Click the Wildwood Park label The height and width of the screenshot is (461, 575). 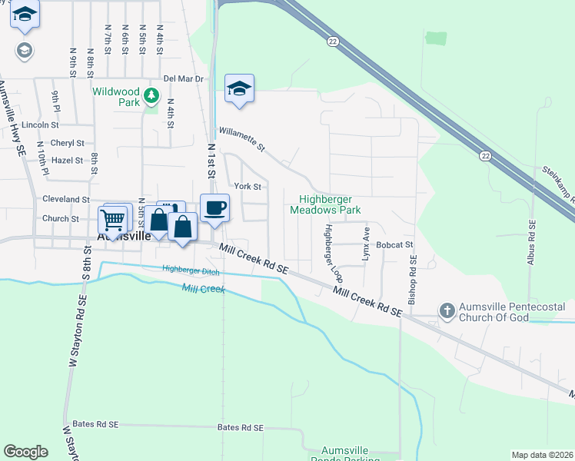coord(116,96)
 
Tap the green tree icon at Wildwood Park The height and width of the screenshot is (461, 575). coord(152,95)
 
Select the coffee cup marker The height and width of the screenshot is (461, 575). coord(214,207)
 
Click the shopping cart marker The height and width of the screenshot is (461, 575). coord(113,220)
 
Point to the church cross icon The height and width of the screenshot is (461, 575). coord(447,311)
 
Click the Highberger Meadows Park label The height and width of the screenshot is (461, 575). coord(324,204)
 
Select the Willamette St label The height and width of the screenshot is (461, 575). coord(241,139)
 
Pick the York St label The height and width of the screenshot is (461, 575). coord(248,186)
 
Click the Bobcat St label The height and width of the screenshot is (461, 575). coord(395,245)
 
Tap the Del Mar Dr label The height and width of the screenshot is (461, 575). coord(183,78)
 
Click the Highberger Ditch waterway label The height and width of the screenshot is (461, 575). coord(192,268)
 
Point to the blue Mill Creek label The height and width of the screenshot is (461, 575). coord(203,289)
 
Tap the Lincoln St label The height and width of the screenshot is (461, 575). coord(41,124)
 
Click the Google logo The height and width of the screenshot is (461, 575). coord(26,452)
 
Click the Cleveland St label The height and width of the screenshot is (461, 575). coord(66,198)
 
